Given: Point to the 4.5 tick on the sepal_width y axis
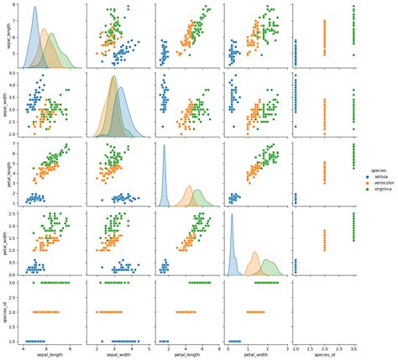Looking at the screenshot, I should [x=12, y=74].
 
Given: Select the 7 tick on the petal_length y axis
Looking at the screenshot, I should [x=14, y=144].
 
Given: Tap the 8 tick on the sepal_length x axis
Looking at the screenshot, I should [x=70, y=347].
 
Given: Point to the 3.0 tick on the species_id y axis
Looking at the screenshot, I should [x=12, y=282].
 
